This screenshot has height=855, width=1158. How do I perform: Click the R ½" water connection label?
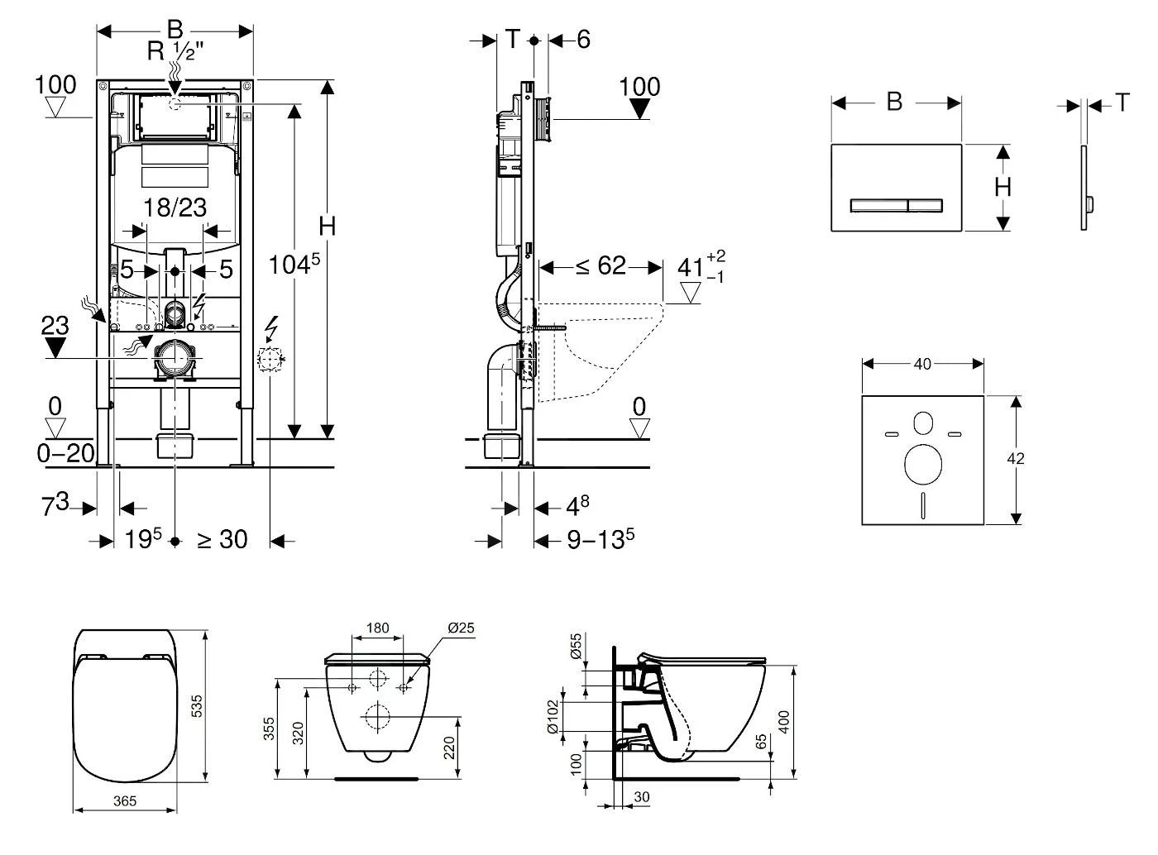pyautogui.click(x=175, y=51)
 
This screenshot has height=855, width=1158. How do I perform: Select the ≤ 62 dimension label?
pyautogui.click(x=601, y=266)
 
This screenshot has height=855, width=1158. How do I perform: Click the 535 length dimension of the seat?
pyautogui.click(x=198, y=705)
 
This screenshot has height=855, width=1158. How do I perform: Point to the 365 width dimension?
pyautogui.click(x=124, y=801)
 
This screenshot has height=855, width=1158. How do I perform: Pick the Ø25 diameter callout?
pyautogui.click(x=461, y=628)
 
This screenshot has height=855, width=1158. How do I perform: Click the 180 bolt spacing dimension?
pyautogui.click(x=377, y=628)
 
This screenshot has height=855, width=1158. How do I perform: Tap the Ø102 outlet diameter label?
pyautogui.click(x=577, y=716)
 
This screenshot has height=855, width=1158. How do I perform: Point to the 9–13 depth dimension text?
pyautogui.click(x=601, y=540)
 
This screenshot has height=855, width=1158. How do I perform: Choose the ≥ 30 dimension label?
pyautogui.click(x=222, y=540)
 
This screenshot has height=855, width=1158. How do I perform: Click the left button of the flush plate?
pyautogui.click(x=879, y=204)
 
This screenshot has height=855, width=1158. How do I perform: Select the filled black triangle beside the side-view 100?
pyautogui.click(x=640, y=109)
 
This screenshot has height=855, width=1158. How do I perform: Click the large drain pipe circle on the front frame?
pyautogui.click(x=175, y=358)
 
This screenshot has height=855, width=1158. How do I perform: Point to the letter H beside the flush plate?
pyautogui.click(x=1002, y=188)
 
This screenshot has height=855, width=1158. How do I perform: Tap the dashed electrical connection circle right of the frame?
pyautogui.click(x=270, y=359)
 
